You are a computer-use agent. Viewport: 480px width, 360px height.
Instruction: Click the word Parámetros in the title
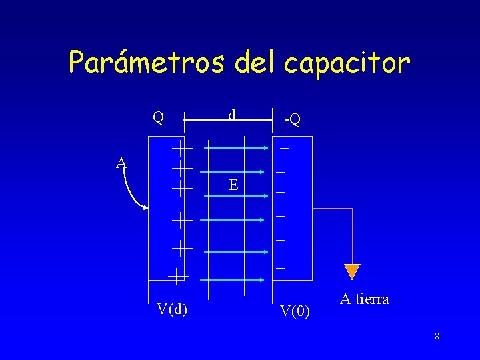(147, 63)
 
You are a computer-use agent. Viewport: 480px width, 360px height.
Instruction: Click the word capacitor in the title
(347, 63)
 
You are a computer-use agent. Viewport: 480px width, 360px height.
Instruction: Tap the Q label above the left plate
(158, 118)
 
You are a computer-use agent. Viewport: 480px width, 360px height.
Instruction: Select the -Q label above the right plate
(291, 119)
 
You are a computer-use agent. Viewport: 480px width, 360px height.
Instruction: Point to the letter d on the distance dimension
(231, 115)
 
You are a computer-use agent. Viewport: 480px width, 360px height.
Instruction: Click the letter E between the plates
(233, 185)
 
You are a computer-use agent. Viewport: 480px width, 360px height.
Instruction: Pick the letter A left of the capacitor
(121, 163)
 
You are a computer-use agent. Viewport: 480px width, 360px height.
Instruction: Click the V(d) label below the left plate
(171, 308)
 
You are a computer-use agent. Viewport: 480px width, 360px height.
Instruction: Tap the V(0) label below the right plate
(295, 310)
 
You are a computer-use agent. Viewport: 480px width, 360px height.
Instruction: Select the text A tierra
(364, 299)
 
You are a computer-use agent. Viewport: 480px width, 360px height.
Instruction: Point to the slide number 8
(437, 336)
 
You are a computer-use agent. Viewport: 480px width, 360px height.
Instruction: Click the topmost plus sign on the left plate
(181, 147)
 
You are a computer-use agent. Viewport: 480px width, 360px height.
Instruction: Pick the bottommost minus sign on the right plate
(281, 269)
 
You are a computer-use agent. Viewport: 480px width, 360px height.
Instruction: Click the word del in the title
(258, 63)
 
